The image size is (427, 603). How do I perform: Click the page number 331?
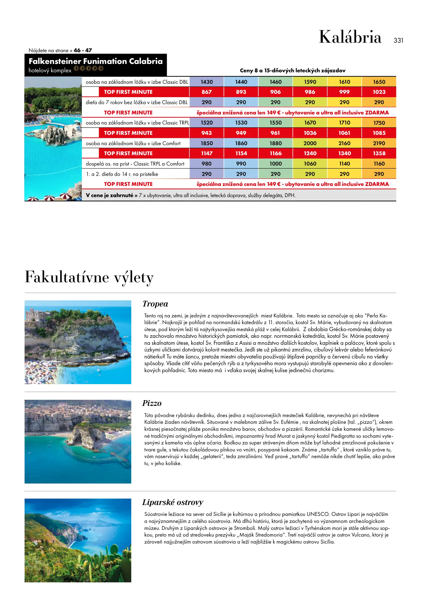point(398,40)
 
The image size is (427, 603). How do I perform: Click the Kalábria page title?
point(350,37)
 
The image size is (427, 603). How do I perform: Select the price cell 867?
point(206,92)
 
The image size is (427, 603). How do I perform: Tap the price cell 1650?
point(379,82)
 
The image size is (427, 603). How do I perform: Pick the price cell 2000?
point(310,143)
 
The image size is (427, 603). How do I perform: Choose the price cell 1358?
point(379,154)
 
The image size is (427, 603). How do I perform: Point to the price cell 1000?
point(276,164)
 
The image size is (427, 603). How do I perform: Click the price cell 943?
point(206,133)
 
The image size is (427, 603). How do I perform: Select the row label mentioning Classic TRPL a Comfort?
point(135,164)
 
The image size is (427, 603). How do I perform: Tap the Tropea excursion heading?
point(155,304)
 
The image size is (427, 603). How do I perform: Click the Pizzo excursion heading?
point(152,403)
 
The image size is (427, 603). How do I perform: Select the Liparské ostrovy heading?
point(173,502)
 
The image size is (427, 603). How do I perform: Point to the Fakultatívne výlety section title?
point(89,277)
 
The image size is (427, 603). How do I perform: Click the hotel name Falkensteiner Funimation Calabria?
point(96,61)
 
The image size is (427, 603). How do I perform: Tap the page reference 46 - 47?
point(83,51)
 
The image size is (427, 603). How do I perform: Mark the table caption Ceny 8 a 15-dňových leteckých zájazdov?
point(293,71)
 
